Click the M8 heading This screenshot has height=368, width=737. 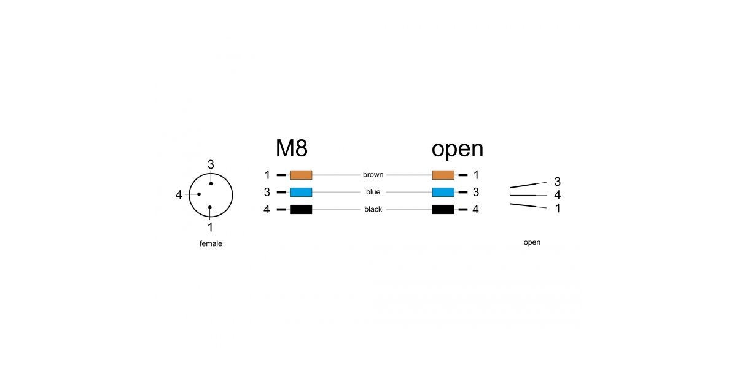292,148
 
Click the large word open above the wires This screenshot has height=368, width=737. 458,150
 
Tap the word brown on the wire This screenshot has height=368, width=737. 373,174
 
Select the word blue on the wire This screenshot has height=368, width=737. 373,192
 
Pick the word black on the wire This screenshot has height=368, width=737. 373,209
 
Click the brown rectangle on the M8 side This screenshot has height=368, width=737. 301,175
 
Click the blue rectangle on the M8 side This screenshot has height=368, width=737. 301,192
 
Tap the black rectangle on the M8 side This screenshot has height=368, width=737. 301,209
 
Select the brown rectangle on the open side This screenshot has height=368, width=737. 443,175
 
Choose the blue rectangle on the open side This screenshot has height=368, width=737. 443,192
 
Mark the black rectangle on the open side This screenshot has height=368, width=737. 443,209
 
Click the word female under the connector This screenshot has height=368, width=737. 211,243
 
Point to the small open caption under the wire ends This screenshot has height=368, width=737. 532,242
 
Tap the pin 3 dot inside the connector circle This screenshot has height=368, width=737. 211,183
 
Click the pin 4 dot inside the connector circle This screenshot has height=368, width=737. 199,194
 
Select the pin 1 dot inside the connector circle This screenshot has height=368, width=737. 210,207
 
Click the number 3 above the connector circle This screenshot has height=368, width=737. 211,164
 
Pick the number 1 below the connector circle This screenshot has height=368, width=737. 210,227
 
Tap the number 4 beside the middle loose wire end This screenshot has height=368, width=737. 558,195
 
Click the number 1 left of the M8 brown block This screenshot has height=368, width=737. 268,175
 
